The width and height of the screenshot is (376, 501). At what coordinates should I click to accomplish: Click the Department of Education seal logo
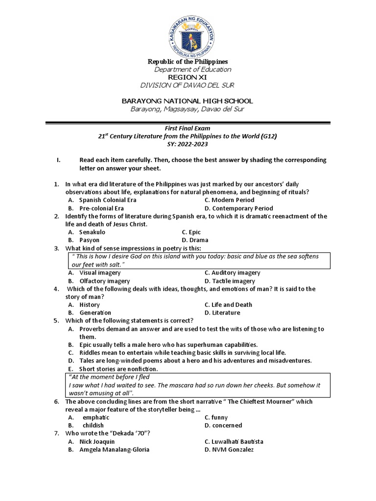192,36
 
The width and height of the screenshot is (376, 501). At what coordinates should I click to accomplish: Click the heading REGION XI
188,77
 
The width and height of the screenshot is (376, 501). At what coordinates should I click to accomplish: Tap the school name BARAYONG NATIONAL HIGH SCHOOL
188,101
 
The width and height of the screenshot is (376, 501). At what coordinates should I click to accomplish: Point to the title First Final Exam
188,128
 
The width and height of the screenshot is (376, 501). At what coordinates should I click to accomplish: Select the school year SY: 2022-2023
188,144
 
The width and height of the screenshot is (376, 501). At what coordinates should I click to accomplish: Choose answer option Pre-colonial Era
101,208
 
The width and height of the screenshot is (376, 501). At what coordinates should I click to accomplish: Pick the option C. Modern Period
229,200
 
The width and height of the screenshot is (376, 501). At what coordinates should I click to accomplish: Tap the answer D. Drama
195,240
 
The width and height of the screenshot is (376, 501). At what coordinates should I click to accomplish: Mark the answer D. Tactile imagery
230,281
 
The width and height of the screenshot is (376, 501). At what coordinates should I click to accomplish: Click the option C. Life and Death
228,305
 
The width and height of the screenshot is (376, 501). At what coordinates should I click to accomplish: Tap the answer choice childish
93,426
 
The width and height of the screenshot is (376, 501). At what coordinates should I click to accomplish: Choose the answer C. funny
216,418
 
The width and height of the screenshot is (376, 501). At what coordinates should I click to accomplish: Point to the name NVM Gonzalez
229,450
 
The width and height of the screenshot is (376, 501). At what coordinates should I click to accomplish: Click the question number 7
56,433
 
